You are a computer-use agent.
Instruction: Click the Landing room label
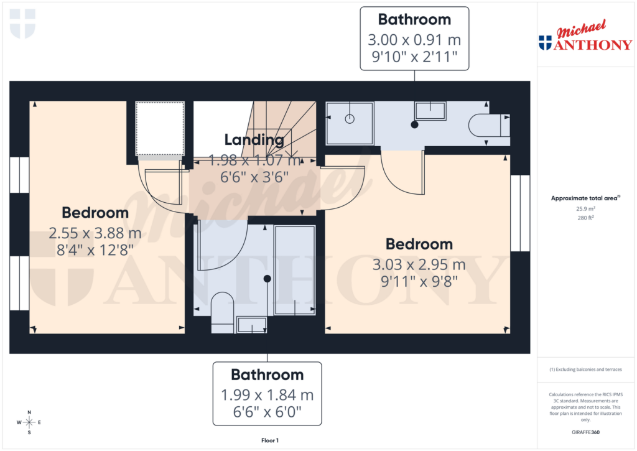point(254,140)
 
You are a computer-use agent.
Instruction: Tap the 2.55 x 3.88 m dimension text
point(95,234)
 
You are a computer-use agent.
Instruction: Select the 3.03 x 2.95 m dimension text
point(419,265)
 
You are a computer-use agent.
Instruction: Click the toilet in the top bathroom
point(490,125)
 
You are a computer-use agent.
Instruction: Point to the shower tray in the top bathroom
point(350,121)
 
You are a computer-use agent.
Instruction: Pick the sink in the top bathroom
point(430,111)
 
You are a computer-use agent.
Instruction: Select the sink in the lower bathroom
point(251,325)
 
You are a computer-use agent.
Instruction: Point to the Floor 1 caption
point(270,440)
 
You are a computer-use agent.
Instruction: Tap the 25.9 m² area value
point(586,209)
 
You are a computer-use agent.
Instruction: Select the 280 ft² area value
point(586,218)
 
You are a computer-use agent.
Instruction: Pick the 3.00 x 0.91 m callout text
point(414,40)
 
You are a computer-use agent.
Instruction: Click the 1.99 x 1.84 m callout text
point(267,395)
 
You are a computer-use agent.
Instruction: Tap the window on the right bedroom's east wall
point(520,213)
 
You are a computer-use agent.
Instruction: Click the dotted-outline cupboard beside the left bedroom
point(160,129)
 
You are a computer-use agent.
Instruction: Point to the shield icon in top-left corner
point(23,24)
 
